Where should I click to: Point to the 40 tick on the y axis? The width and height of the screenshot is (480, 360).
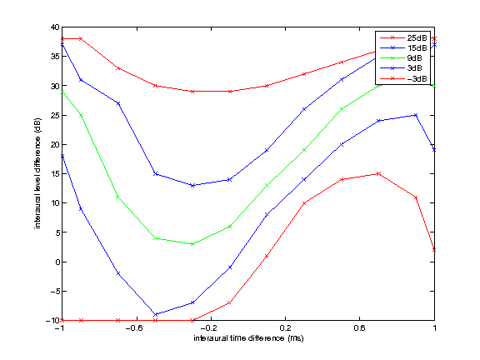click(x=53, y=27)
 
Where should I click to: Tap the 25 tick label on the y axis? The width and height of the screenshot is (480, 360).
click(x=53, y=115)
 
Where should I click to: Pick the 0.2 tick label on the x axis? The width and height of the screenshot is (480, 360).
click(x=285, y=329)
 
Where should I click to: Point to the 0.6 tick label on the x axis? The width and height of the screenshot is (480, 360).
click(x=360, y=329)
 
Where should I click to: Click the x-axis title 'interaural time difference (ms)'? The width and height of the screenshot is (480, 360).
click(x=247, y=340)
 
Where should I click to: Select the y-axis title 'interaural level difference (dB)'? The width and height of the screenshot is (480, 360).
click(x=38, y=173)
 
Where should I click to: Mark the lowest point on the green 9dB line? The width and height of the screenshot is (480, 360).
click(x=192, y=244)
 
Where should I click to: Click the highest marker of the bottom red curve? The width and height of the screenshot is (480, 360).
click(x=378, y=173)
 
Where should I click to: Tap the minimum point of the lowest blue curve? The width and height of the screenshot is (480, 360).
click(x=155, y=314)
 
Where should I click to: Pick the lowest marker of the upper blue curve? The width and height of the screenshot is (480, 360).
click(x=192, y=185)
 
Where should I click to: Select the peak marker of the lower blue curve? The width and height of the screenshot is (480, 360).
click(x=416, y=115)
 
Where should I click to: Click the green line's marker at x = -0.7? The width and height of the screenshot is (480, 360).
click(x=117, y=197)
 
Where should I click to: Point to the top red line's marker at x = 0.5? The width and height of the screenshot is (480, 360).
click(x=342, y=62)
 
